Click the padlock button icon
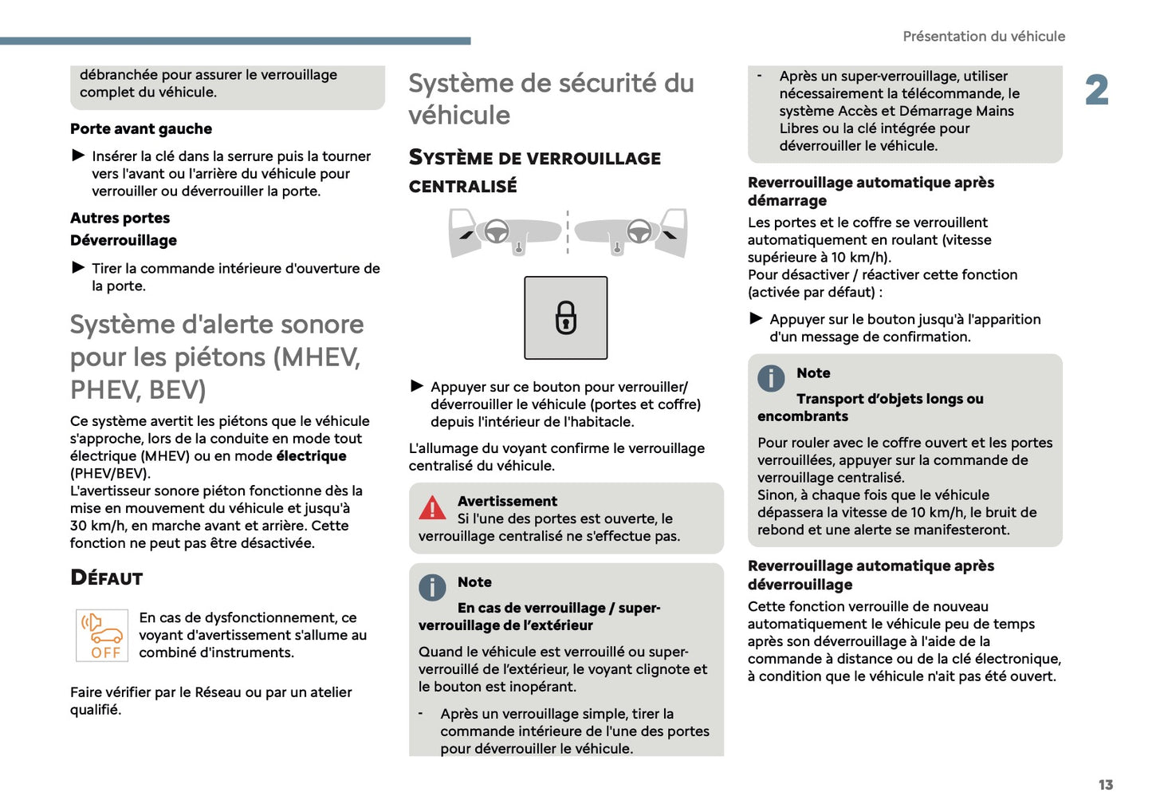565,317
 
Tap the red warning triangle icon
432,507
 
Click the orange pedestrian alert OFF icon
102,635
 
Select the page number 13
1105,785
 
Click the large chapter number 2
1096,90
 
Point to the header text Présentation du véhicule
983,37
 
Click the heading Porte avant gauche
141,129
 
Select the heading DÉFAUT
107,578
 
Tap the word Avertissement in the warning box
507,501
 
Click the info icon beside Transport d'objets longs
771,377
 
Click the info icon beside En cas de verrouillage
432,587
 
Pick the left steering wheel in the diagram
497,231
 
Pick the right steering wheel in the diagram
639,231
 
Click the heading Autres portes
120,219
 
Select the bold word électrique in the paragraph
311,456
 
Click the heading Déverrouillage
124,241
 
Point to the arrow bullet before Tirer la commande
78,267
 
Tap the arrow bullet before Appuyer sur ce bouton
417,386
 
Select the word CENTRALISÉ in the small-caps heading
462,187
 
